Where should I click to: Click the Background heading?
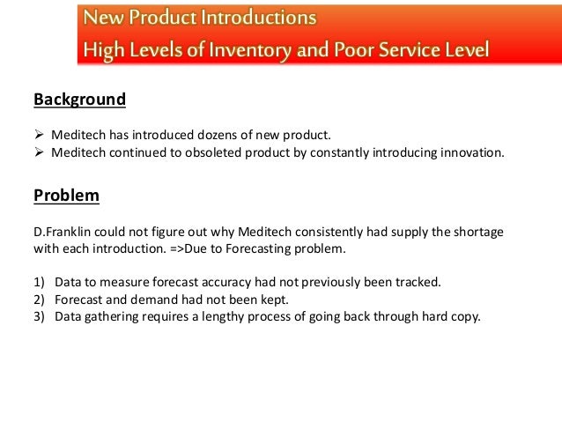[x=79, y=100]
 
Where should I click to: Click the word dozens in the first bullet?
[x=207, y=135]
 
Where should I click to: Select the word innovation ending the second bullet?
[x=473, y=152]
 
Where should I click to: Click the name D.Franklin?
[x=61, y=233]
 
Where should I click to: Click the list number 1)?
[x=40, y=284]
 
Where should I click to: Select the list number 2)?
[x=40, y=300]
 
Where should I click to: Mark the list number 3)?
[x=40, y=317]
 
